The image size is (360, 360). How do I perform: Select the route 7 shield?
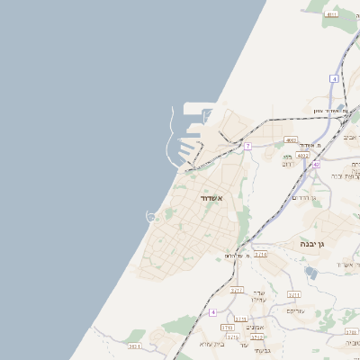pos(247,146)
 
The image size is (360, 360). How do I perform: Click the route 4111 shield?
pos(332,14)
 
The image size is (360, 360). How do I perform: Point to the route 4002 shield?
pos(291,140)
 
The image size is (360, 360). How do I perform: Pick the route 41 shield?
pos(316,165)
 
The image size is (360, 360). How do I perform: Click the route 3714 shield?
pos(260,255)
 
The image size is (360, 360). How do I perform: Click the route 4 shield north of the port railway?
pos(333,79)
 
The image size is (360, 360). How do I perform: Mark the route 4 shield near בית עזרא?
pos(213,311)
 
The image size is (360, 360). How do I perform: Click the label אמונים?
pos(256,328)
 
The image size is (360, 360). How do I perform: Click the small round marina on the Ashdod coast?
pos(152,215)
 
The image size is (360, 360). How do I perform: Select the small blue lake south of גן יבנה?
pos(311,272)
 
